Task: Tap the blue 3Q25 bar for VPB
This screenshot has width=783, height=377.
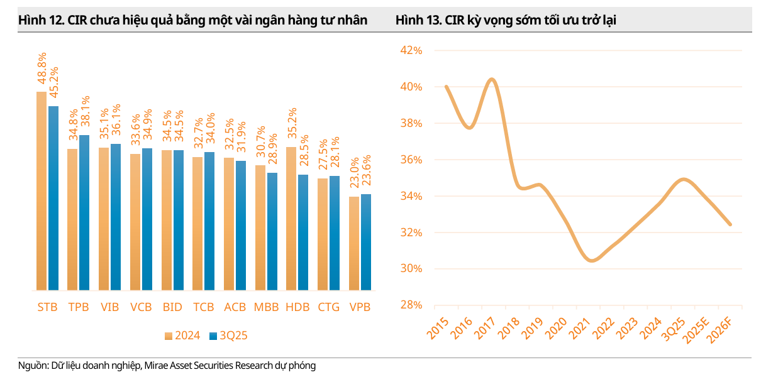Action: coord(366,242)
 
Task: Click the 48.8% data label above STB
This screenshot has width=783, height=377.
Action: coord(42,70)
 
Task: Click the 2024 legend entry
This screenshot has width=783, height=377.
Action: coord(182,336)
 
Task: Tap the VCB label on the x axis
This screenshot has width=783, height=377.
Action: coord(142,307)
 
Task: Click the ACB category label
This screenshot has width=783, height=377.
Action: coord(235,307)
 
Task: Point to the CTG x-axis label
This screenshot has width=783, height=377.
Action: coord(329,307)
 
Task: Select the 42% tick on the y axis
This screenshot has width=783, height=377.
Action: coord(411,51)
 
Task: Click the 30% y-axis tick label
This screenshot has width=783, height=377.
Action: coord(411,269)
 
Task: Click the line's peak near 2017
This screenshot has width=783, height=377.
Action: coord(491,79)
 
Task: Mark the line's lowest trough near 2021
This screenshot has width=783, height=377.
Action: coord(592,260)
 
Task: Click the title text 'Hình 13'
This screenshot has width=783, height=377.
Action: coord(416,21)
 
